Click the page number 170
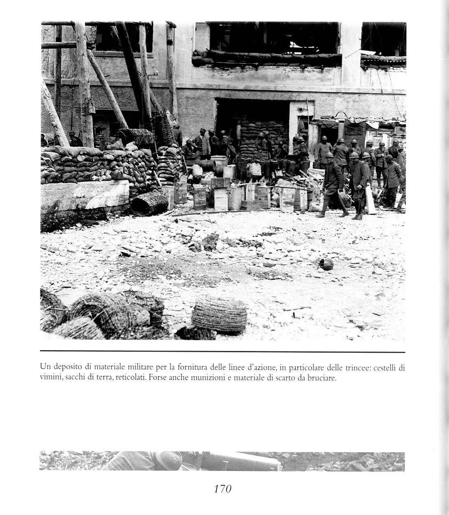coord(223,489)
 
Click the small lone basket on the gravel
coord(326,264)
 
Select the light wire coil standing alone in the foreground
coord(219,314)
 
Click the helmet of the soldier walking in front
coord(329,155)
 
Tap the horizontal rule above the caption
coord(222,352)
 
